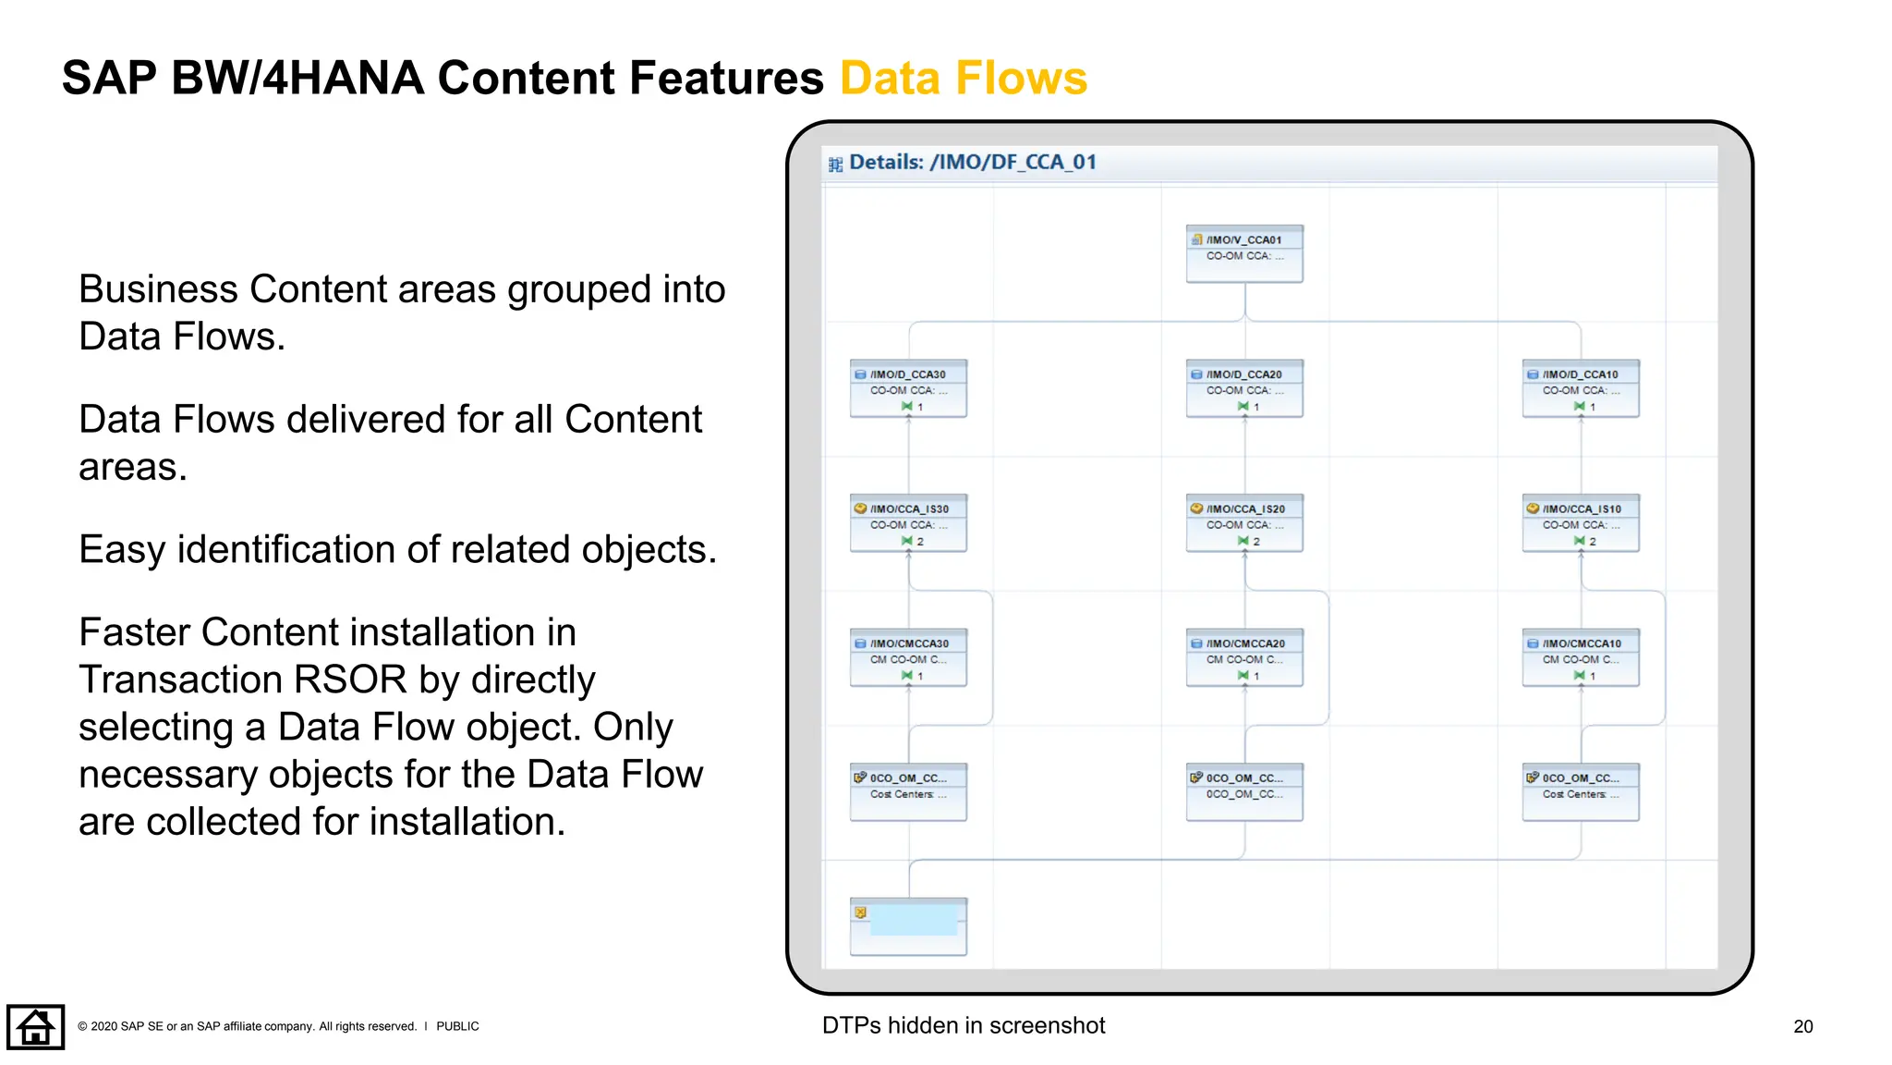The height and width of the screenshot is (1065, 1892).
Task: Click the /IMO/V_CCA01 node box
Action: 1244,253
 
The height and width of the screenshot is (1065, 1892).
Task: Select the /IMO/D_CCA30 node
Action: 908,388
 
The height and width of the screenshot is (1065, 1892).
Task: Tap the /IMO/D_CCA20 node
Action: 1244,388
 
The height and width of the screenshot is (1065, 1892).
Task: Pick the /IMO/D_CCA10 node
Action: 1581,388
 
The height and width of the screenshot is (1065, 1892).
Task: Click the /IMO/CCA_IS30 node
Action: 908,523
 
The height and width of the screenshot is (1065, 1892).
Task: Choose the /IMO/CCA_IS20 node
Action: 1244,523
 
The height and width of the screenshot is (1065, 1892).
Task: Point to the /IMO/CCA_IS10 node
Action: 1581,523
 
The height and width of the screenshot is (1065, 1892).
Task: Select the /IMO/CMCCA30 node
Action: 908,657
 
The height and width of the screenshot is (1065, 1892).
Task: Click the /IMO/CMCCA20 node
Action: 1244,657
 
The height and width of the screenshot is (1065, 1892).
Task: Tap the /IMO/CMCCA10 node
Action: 1581,657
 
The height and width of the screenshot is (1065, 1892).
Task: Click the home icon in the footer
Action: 36,1026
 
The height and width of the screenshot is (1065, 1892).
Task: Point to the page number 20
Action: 1802,1026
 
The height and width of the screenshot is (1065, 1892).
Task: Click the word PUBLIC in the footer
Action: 457,1026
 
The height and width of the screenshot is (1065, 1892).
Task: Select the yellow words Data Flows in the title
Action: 964,78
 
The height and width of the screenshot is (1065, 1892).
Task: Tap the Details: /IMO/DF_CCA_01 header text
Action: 972,163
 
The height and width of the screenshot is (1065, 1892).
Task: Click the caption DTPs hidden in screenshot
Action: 964,1025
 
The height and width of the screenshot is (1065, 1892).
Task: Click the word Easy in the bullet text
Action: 122,550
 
